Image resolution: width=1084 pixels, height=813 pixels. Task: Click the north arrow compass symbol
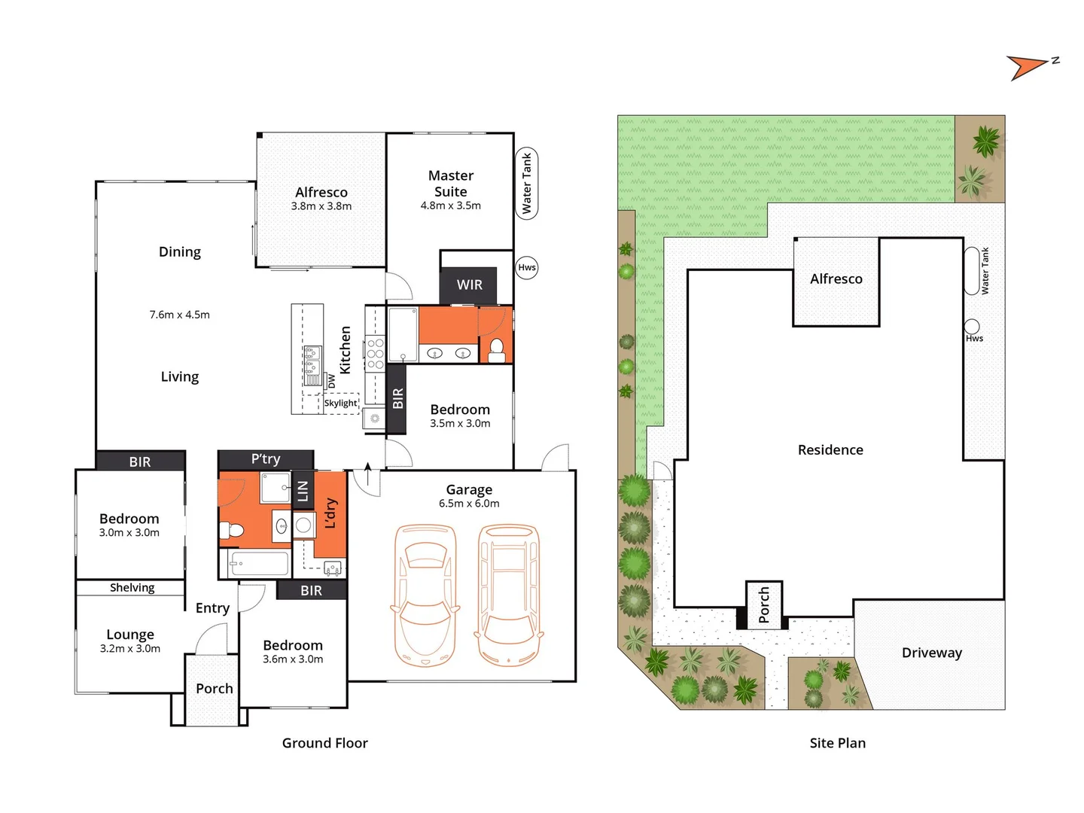pyautogui.click(x=1028, y=66)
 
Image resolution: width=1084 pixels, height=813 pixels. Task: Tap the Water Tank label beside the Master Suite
pyautogui.click(x=527, y=183)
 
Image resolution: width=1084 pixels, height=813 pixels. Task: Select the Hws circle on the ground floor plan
pyautogui.click(x=527, y=267)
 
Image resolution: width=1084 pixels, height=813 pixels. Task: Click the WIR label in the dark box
pyautogui.click(x=469, y=285)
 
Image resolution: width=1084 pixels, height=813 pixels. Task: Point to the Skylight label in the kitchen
pyautogui.click(x=340, y=403)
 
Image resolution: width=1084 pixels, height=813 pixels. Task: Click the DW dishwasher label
pyautogui.click(x=331, y=382)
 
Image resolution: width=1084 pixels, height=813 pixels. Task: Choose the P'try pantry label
pyautogui.click(x=266, y=459)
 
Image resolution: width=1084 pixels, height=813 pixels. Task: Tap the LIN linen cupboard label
pyautogui.click(x=303, y=491)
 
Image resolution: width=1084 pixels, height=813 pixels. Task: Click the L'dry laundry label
pyautogui.click(x=330, y=513)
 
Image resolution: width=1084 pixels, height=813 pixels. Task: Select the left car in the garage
pyautogui.click(x=425, y=595)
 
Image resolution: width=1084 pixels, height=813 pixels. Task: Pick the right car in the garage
pyautogui.click(x=510, y=595)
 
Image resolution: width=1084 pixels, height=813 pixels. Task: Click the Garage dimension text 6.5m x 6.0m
pyautogui.click(x=469, y=504)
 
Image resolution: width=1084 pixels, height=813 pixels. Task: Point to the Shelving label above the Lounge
pyautogui.click(x=132, y=588)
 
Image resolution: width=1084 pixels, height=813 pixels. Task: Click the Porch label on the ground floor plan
pyautogui.click(x=215, y=688)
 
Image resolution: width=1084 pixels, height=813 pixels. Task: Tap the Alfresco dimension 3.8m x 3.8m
pyautogui.click(x=321, y=206)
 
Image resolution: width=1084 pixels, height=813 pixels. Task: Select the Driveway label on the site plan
pyautogui.click(x=932, y=653)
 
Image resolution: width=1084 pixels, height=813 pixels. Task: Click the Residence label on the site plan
pyautogui.click(x=830, y=449)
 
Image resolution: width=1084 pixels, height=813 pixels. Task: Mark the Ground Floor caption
pyautogui.click(x=325, y=743)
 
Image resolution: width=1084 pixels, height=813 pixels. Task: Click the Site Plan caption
pyautogui.click(x=838, y=743)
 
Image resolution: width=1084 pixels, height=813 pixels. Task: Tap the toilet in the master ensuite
pyautogui.click(x=496, y=348)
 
